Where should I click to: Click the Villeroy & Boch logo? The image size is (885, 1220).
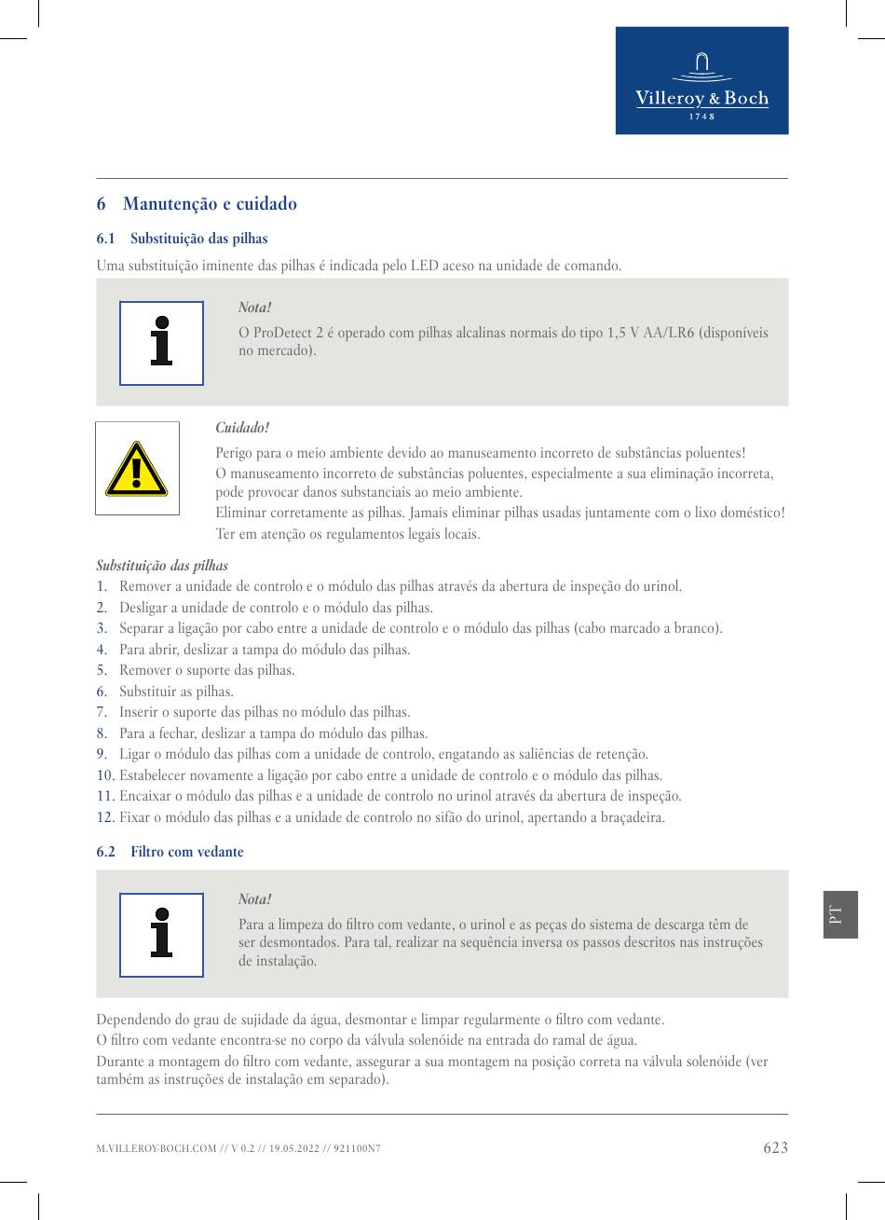pos(701,80)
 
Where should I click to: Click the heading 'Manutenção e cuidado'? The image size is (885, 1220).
pos(210,204)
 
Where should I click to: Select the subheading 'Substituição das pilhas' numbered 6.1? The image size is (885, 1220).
pos(198,239)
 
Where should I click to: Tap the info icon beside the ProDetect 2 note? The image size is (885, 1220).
pos(161,342)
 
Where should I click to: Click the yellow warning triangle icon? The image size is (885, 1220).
pos(137,469)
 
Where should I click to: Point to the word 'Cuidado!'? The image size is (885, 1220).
pos(242,428)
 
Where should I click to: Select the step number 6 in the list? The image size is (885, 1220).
pos(102,692)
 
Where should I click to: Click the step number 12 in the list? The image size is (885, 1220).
pos(105,817)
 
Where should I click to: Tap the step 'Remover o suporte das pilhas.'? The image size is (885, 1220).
pos(207,670)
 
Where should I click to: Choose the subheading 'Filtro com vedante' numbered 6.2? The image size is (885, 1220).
pos(186,852)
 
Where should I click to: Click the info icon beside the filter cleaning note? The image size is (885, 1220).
pos(161,934)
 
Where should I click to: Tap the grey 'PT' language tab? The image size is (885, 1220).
pos(839,914)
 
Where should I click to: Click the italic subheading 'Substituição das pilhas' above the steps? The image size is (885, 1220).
pos(162,566)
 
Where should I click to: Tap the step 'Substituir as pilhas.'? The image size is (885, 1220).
pos(176,692)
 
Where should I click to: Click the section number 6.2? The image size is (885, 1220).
pos(106,852)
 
